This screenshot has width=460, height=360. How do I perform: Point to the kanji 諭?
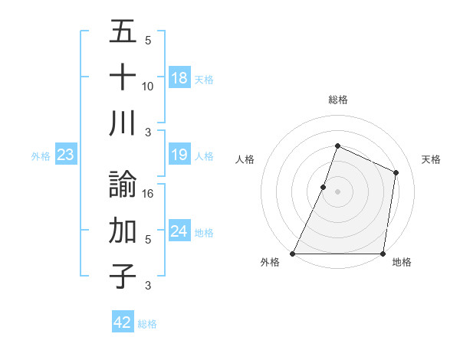pyautogui.click(x=123, y=185)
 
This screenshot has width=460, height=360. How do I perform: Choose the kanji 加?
pyautogui.click(x=123, y=231)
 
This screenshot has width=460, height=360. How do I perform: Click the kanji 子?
pyautogui.click(x=123, y=277)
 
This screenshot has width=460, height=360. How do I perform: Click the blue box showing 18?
pyautogui.click(x=179, y=78)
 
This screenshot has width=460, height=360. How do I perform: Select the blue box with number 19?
pyautogui.click(x=179, y=155)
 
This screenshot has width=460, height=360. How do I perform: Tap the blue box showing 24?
pyautogui.click(x=179, y=232)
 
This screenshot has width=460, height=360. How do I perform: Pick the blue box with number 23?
pyautogui.click(x=66, y=155)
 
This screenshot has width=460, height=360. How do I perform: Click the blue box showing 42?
pyautogui.click(x=123, y=322)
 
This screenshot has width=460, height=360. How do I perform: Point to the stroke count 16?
pyautogui.click(x=149, y=193)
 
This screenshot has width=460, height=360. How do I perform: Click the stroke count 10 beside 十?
pyautogui.click(x=148, y=86)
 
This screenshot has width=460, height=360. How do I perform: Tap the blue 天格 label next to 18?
pyautogui.click(x=204, y=79)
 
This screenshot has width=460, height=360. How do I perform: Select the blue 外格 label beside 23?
pyautogui.click(x=41, y=156)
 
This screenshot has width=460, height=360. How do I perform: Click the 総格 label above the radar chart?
pyautogui.click(x=337, y=100)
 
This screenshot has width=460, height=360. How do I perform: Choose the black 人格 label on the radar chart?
pyautogui.click(x=245, y=159)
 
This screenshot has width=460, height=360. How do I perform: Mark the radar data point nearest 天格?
pyautogui.click(x=396, y=172)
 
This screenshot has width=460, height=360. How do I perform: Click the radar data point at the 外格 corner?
pyautogui.click(x=293, y=254)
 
